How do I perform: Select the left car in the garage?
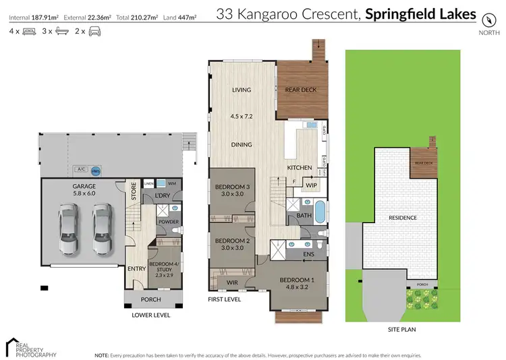click(x=69, y=229)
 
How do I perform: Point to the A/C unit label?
click(x=82, y=170)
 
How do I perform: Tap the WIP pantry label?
click(x=311, y=184)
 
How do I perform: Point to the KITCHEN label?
click(x=300, y=167)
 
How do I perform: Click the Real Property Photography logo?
click(x=31, y=346)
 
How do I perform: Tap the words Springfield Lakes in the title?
click(x=430, y=14)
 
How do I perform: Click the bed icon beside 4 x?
click(x=29, y=32)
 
